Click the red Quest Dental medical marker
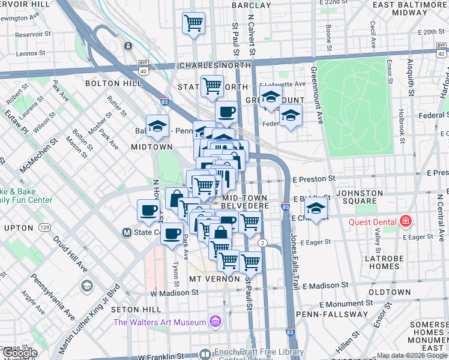(x=406, y=221)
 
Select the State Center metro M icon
(x=127, y=232)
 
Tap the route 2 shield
(x=262, y=242)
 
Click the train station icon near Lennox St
(x=127, y=46)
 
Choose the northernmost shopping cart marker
(x=193, y=24)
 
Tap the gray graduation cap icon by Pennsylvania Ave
(x=87, y=286)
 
